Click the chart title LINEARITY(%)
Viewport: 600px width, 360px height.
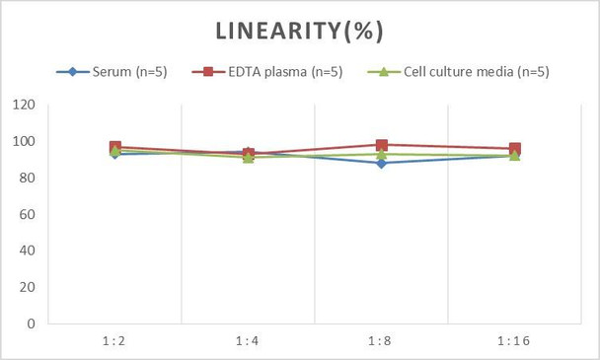click(x=300, y=31)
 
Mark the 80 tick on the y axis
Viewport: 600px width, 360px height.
click(x=25, y=179)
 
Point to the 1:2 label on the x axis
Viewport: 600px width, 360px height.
click(x=114, y=341)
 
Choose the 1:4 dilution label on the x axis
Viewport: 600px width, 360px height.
click(x=248, y=341)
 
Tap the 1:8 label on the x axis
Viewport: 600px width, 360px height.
click(x=381, y=341)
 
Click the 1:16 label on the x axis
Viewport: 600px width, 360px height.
click(x=514, y=341)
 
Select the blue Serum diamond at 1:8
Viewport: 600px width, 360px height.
click(x=381, y=163)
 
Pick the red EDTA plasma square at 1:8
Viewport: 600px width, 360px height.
click(x=381, y=145)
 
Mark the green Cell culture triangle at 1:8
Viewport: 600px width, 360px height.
click(x=381, y=154)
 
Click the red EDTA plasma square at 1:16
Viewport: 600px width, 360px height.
click(x=514, y=149)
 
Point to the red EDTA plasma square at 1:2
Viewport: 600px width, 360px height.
click(x=114, y=147)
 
